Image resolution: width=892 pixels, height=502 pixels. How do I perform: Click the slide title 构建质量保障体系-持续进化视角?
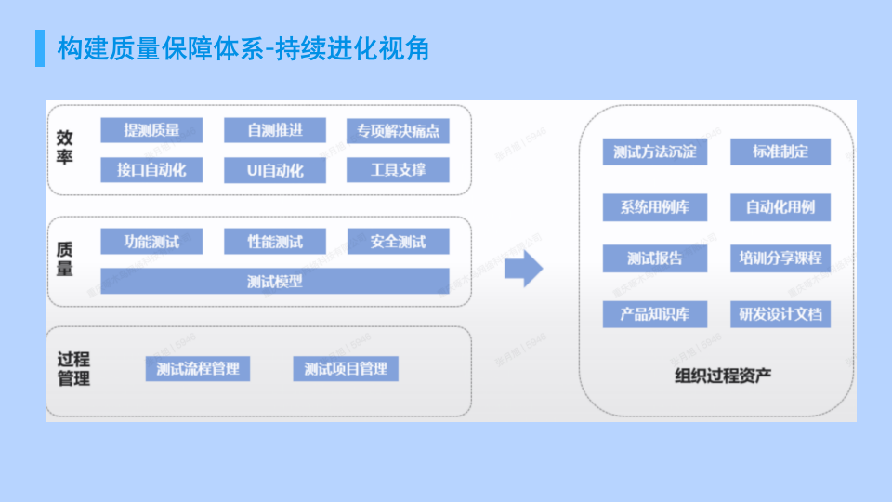pos(243,47)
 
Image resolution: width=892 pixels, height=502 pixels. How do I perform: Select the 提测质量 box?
pos(151,130)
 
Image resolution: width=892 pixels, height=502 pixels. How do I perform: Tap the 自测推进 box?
pos(275,130)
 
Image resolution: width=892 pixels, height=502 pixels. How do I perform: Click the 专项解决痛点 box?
pos(398,131)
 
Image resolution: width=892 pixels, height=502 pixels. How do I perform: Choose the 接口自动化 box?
pos(151,170)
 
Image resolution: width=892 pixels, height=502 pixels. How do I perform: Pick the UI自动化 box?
pos(275,170)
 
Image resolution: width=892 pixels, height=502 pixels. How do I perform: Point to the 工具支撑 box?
pos(398,170)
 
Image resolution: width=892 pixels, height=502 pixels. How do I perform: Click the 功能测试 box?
pos(151,242)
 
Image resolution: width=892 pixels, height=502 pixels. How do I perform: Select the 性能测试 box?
pos(275,242)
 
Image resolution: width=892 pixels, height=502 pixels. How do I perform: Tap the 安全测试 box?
pos(398,242)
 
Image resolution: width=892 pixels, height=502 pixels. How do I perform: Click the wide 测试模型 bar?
pos(275,281)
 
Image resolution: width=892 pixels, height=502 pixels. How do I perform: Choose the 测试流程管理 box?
pos(198,368)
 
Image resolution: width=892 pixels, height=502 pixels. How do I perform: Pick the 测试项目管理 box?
pos(346,368)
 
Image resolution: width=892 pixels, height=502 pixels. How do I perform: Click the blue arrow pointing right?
pos(523,269)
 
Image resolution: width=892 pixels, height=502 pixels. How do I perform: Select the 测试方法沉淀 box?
pos(654,152)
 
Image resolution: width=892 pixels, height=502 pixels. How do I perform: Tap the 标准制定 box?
pos(780,152)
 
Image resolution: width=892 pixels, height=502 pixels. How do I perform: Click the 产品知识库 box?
pos(654,313)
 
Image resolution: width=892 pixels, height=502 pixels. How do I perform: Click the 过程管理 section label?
pos(73,369)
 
